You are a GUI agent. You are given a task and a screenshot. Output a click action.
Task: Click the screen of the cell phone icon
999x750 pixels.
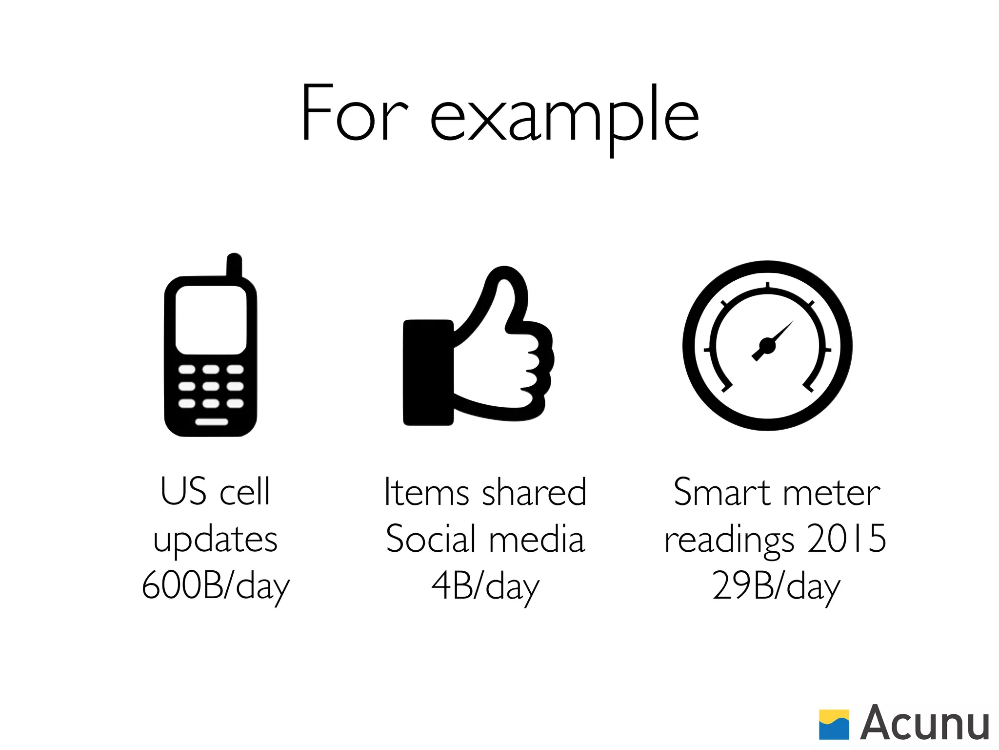[x=211, y=320]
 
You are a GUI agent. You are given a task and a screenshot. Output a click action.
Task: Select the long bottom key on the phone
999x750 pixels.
[x=211, y=421]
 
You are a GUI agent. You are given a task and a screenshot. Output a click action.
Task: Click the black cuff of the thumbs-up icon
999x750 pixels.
[x=428, y=372]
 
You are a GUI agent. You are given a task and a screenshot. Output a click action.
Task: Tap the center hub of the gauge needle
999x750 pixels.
[x=767, y=346]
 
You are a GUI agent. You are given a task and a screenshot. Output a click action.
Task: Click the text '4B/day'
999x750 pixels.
[x=485, y=586]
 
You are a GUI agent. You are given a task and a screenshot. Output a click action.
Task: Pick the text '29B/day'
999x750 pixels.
[x=776, y=586]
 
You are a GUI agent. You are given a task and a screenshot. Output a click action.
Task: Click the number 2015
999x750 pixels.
[x=846, y=539]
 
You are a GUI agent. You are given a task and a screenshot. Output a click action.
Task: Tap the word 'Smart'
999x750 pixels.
[x=724, y=492]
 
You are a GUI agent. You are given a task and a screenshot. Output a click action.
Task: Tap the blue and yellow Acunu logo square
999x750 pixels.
[x=834, y=724]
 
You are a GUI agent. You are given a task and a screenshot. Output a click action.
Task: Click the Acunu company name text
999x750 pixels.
[x=924, y=724]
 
